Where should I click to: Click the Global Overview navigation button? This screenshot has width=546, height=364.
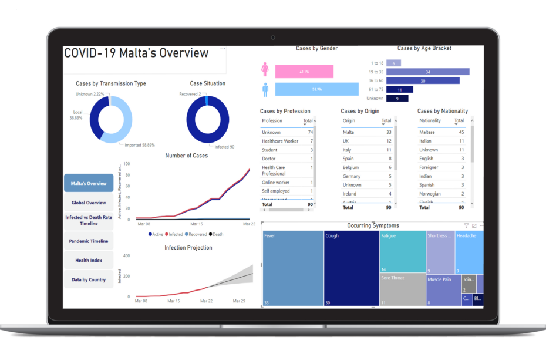click(x=89, y=203)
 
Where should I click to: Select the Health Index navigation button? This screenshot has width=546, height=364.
click(x=89, y=260)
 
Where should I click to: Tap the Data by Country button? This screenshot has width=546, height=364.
click(x=89, y=279)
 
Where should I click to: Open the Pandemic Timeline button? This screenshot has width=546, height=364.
click(x=89, y=241)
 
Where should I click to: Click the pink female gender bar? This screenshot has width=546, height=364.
click(x=304, y=72)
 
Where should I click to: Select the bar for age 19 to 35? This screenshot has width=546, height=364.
click(x=427, y=72)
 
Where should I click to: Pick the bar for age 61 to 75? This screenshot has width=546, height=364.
click(x=400, y=90)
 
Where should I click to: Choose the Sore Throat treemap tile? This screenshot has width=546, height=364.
click(x=402, y=289)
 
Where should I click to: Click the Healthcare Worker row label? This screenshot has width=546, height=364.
click(x=280, y=141)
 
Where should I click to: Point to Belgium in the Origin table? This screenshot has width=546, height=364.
click(x=352, y=167)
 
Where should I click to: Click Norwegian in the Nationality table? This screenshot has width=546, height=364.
click(x=430, y=194)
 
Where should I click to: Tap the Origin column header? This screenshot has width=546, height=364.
click(x=349, y=121)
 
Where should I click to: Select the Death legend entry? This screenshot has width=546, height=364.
click(x=217, y=234)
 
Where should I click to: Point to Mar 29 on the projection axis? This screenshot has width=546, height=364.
click(x=238, y=301)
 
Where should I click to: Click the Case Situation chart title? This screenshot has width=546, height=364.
click(x=207, y=83)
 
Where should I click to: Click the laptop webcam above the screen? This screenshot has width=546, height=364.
click(x=273, y=38)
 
